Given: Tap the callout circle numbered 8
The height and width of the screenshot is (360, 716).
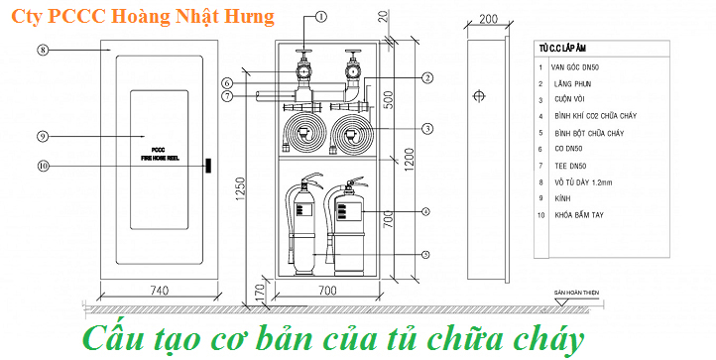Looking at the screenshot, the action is click(x=43, y=49).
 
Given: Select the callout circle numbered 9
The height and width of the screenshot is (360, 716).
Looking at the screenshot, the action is click(x=43, y=136).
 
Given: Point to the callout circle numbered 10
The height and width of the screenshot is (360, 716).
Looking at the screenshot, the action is click(x=43, y=166).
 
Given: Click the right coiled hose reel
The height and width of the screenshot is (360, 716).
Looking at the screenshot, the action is click(x=350, y=129).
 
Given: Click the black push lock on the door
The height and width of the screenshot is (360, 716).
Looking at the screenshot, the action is click(x=208, y=165).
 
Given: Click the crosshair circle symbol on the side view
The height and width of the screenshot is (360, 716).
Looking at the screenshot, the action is click(x=479, y=97).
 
